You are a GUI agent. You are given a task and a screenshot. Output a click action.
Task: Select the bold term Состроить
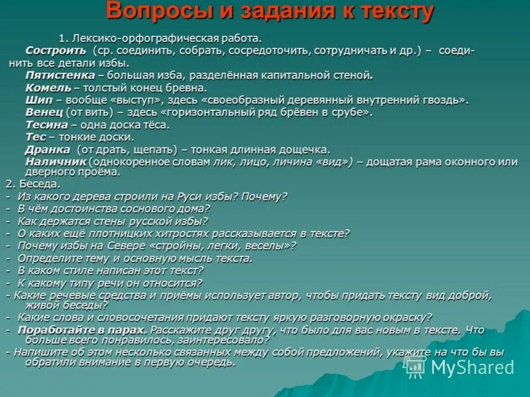(56, 50)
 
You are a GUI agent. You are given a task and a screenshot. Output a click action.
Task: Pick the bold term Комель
(47, 87)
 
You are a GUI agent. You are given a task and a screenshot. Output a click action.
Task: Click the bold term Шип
(36, 100)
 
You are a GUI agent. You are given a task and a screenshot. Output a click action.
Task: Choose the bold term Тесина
(46, 124)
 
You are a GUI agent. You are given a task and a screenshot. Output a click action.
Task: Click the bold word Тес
(35, 137)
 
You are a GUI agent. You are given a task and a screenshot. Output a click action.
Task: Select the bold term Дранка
(47, 150)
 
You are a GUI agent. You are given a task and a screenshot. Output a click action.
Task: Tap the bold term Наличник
(56, 161)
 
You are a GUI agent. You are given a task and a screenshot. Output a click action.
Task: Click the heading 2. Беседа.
(32, 183)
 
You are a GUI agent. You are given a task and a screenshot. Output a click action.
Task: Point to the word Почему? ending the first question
(265, 196)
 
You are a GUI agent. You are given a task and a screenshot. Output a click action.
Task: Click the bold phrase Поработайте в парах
(82, 329)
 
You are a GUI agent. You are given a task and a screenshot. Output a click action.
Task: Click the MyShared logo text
(470, 367)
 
